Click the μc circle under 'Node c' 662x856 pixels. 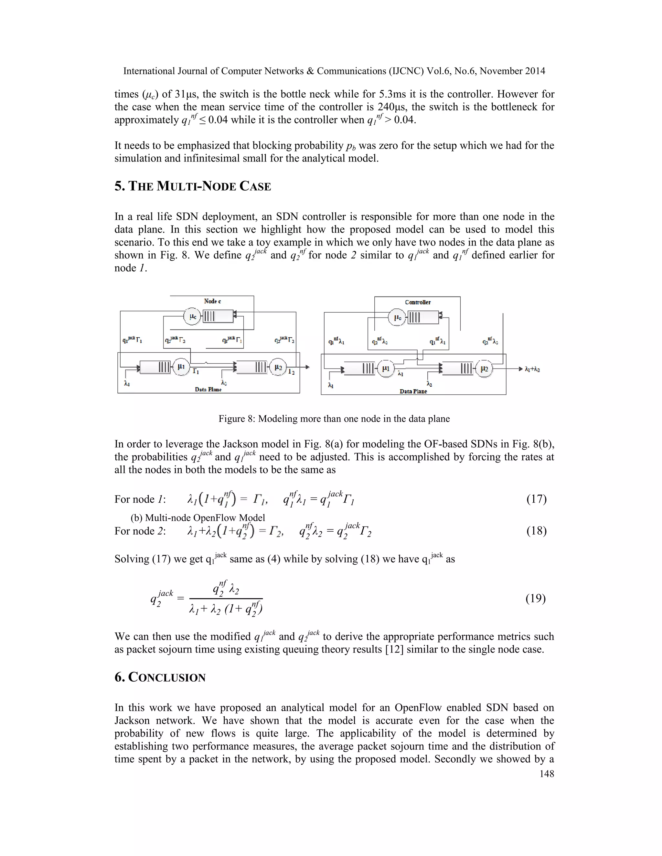(193, 316)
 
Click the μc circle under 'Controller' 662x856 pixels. (397, 318)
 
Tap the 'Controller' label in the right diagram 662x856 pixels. (418, 302)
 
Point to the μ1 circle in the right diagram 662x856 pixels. (386, 369)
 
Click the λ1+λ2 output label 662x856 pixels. (532, 369)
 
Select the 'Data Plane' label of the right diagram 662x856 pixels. (413, 391)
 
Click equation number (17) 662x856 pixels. (536, 499)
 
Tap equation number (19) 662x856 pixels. (535, 598)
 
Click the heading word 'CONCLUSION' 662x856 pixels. (167, 678)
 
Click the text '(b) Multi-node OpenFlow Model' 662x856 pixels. (198, 518)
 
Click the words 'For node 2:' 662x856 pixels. (140, 531)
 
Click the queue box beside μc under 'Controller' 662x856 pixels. (423, 317)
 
